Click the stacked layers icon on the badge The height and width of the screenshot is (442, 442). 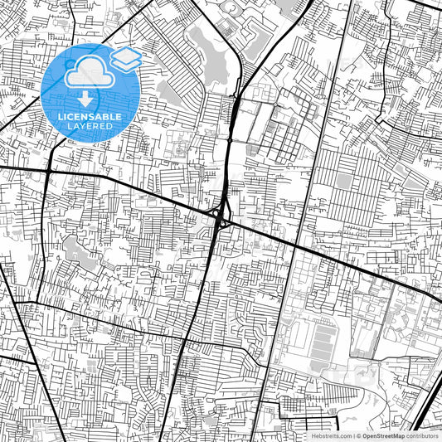tap(126, 59)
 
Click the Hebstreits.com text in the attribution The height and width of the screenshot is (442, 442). tap(332, 435)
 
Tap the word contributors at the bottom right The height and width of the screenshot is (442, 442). tap(422, 435)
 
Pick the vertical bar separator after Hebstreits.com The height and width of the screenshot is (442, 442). tap(353, 435)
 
